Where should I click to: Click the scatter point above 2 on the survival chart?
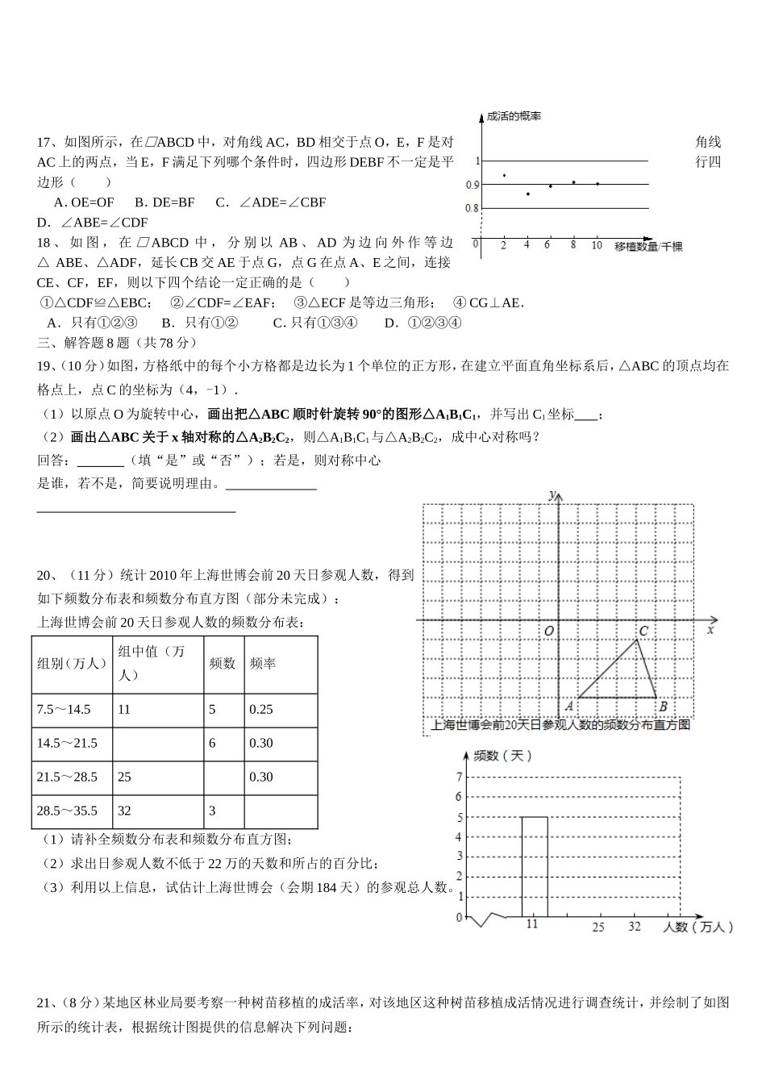(504, 175)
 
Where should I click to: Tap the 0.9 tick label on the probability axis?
(472, 185)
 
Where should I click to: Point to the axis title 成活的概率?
(514, 116)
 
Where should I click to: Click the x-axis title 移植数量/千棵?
(647, 246)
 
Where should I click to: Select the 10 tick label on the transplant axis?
(597, 244)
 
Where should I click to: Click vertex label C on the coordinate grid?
(643, 631)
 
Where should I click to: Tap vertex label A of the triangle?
(569, 706)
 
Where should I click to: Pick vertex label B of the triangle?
(663, 707)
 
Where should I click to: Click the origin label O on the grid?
(548, 631)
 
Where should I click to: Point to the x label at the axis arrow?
(710, 629)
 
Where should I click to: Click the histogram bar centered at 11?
(534, 867)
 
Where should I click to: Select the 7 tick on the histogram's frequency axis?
(459, 778)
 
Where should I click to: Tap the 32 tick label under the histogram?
(635, 926)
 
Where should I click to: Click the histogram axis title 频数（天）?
(502, 756)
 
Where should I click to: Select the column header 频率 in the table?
(263, 663)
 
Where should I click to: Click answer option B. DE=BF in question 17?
(164, 202)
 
